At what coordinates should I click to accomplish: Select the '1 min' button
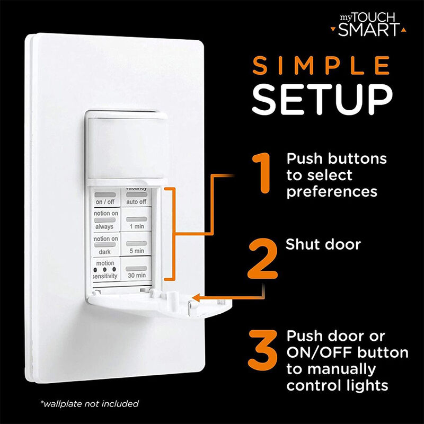pyautogui.click(x=137, y=222)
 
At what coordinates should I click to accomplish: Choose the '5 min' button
pyautogui.click(x=137, y=246)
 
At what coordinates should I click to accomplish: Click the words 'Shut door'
pyautogui.click(x=323, y=245)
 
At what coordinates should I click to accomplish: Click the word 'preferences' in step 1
pyautogui.click(x=332, y=192)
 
